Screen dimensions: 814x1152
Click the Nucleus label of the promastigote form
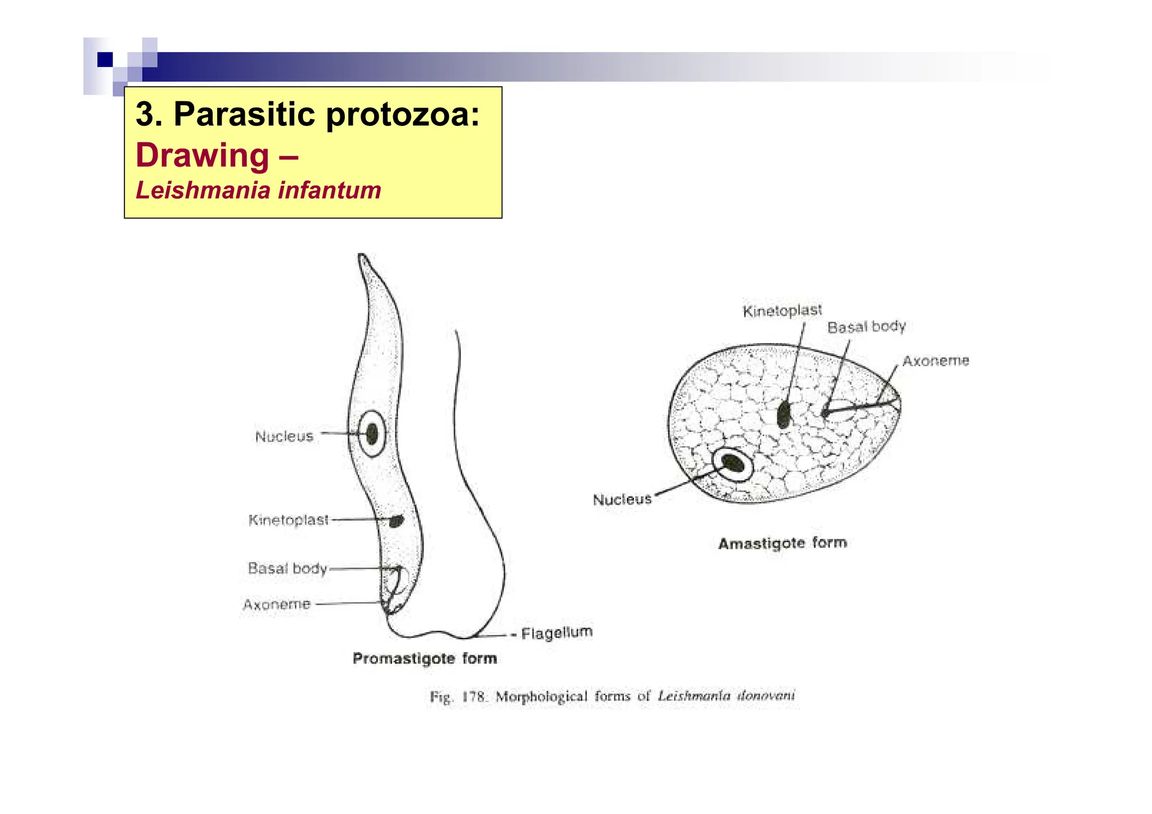click(x=284, y=437)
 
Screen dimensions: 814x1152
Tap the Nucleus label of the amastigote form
click(x=622, y=500)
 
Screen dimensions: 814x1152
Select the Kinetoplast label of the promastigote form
click(x=289, y=520)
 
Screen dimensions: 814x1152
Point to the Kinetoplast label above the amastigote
click(x=782, y=311)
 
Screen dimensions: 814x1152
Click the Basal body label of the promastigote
click(x=287, y=568)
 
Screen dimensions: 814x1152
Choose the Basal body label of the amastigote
click(x=866, y=327)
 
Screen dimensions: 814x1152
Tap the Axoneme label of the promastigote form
click(x=277, y=605)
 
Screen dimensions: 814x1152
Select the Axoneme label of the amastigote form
click(x=935, y=361)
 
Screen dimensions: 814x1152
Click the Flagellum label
click(x=556, y=633)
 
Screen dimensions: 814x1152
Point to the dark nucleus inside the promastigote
click(x=372, y=434)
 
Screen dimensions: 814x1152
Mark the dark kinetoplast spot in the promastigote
click(x=397, y=521)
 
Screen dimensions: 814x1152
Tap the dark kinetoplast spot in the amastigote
click(x=784, y=415)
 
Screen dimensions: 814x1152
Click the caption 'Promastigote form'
click(x=425, y=658)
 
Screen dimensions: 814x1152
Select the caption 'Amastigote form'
click(x=782, y=543)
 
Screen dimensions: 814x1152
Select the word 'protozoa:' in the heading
click(x=403, y=114)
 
